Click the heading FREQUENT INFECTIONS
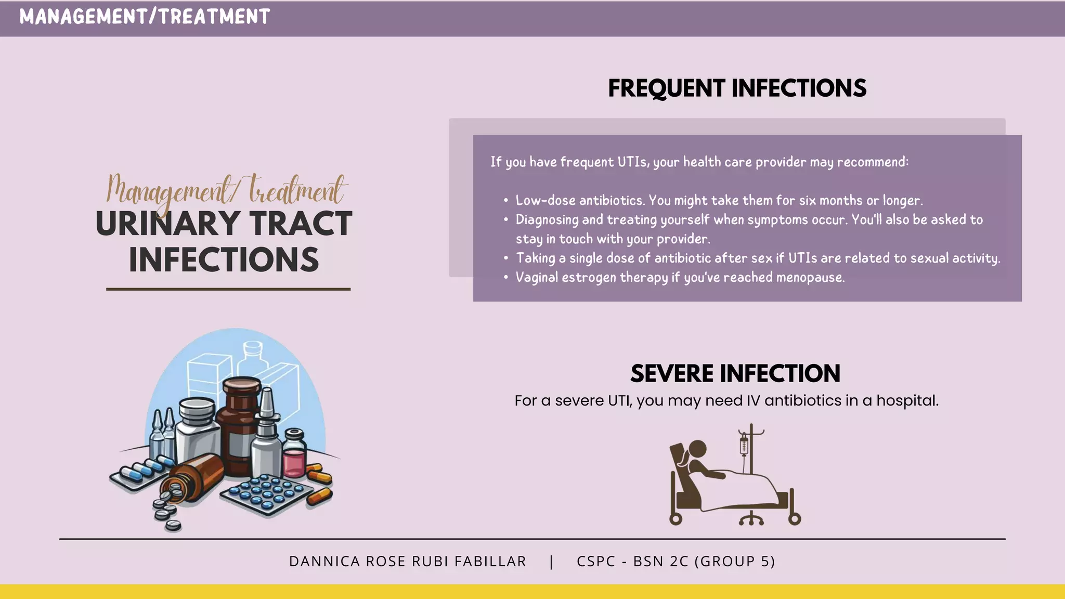(x=737, y=88)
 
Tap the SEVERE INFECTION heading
(x=735, y=373)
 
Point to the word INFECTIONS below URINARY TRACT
(x=224, y=260)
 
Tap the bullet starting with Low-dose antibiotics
(x=719, y=201)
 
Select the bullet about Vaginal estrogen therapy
(x=680, y=278)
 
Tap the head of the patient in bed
(x=697, y=448)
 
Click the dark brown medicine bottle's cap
(x=242, y=385)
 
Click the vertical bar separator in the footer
(x=551, y=562)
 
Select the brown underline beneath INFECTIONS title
(x=228, y=289)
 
